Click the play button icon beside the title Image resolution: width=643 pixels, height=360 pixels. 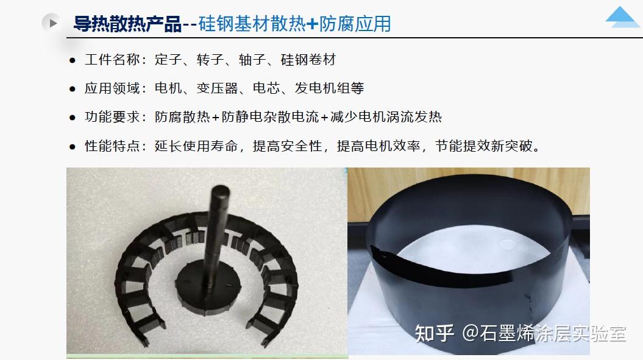[x=52, y=23]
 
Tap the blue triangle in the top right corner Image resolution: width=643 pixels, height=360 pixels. [x=622, y=17]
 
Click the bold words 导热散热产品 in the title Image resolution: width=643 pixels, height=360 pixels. [x=127, y=24]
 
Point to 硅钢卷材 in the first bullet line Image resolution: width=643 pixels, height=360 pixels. [x=308, y=60]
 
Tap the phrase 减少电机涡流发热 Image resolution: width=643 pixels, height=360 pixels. [x=386, y=117]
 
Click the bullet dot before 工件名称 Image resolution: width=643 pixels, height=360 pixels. [x=73, y=60]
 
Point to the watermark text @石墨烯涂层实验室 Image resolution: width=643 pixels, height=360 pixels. [x=544, y=333]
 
